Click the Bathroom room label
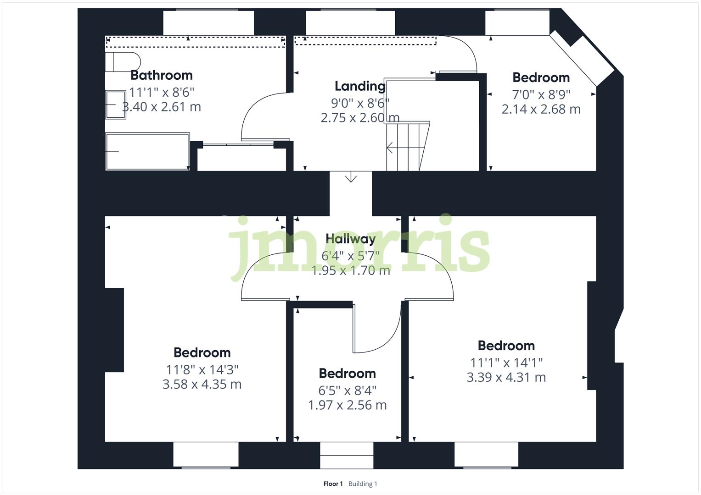(x=162, y=75)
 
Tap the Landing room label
(x=360, y=86)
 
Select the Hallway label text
(x=351, y=239)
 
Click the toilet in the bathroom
(x=122, y=62)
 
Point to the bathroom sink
(x=116, y=104)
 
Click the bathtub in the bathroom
(x=147, y=152)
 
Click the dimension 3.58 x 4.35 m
(x=202, y=384)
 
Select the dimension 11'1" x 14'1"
(x=506, y=363)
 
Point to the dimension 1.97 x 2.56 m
(x=347, y=405)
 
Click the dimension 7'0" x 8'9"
(x=541, y=94)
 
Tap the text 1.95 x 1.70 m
(x=351, y=271)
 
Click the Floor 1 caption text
(x=333, y=484)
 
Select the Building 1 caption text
(x=363, y=484)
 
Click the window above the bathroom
(x=208, y=22)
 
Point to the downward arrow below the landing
(x=351, y=177)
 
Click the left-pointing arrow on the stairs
(x=389, y=148)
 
